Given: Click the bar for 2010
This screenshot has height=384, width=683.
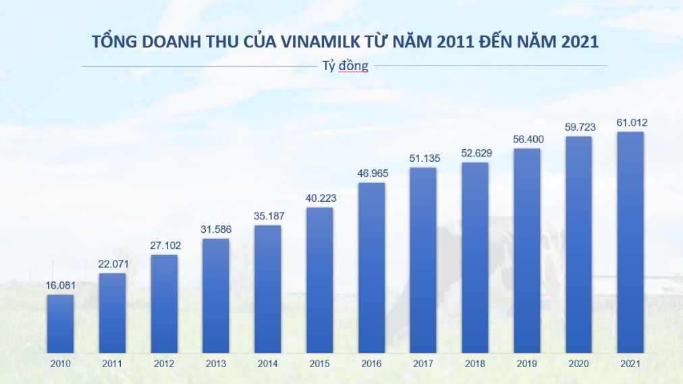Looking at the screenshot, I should click(60, 324).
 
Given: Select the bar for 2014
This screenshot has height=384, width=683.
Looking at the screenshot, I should click(267, 289).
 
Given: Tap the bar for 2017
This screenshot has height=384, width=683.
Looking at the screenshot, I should click(423, 260).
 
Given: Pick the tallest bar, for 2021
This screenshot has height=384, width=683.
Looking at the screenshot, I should click(630, 242).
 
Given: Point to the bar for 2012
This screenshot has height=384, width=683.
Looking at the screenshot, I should click(164, 304).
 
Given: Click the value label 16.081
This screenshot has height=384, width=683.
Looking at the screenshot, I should click(60, 285).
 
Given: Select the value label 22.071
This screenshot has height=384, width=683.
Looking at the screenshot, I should click(112, 264).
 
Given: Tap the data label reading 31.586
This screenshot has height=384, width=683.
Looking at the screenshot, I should click(215, 229).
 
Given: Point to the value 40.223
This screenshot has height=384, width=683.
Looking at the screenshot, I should click(319, 198).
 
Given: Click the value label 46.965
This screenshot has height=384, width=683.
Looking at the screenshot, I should click(371, 173).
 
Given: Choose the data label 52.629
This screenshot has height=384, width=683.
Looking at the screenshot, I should click(475, 153).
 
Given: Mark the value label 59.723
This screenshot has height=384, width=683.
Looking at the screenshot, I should click(578, 128).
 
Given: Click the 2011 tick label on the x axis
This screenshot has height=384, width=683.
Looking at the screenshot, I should click(112, 364).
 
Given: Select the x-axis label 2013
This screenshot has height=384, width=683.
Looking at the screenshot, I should click(215, 364).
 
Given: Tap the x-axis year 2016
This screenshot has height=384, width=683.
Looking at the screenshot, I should click(371, 364).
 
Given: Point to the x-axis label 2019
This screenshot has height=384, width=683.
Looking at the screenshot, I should click(526, 364).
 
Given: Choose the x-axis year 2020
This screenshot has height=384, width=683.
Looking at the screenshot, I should click(578, 364).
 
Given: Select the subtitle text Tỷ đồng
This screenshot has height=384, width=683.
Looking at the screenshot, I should click(345, 66).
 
